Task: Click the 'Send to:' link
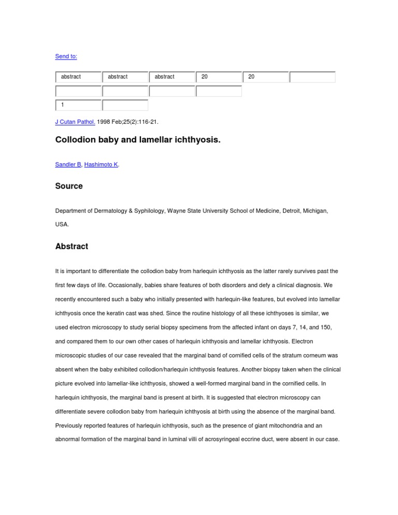[66, 56]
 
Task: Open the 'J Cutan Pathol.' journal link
[75, 122]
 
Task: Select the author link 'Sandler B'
[67, 164]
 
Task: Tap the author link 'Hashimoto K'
[101, 164]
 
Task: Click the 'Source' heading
[69, 186]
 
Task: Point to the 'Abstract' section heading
[72, 247]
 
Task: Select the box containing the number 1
[78, 105]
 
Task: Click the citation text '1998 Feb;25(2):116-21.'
[127, 122]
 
